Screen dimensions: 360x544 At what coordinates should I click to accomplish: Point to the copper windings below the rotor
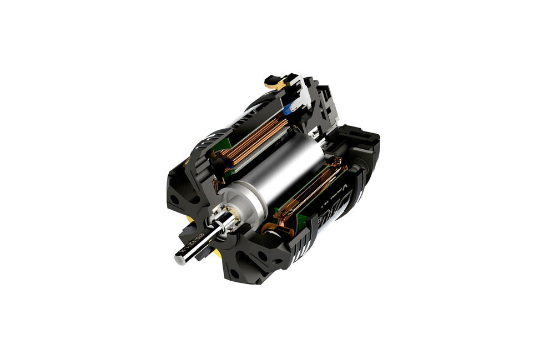click(x=311, y=197)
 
